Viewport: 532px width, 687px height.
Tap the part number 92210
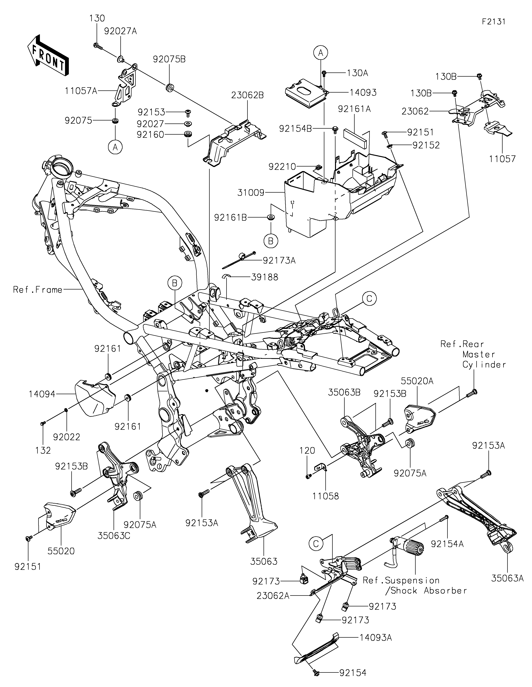point(282,166)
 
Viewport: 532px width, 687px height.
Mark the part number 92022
point(67,437)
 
